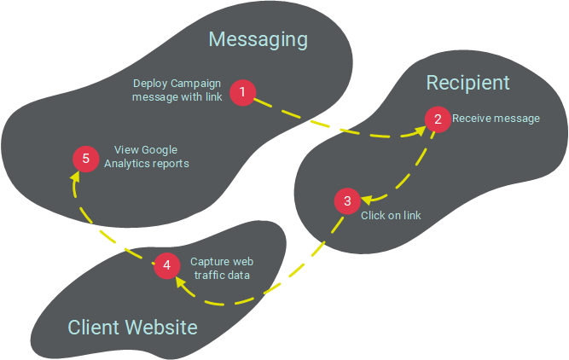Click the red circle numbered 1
point(243,92)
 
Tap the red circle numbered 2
point(438,119)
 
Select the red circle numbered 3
point(346,202)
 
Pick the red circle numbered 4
point(166,265)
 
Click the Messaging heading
point(258,39)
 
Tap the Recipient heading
point(467,82)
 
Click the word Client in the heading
point(96,328)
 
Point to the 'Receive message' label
point(496,119)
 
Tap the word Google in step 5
point(160,150)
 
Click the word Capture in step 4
point(209,262)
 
